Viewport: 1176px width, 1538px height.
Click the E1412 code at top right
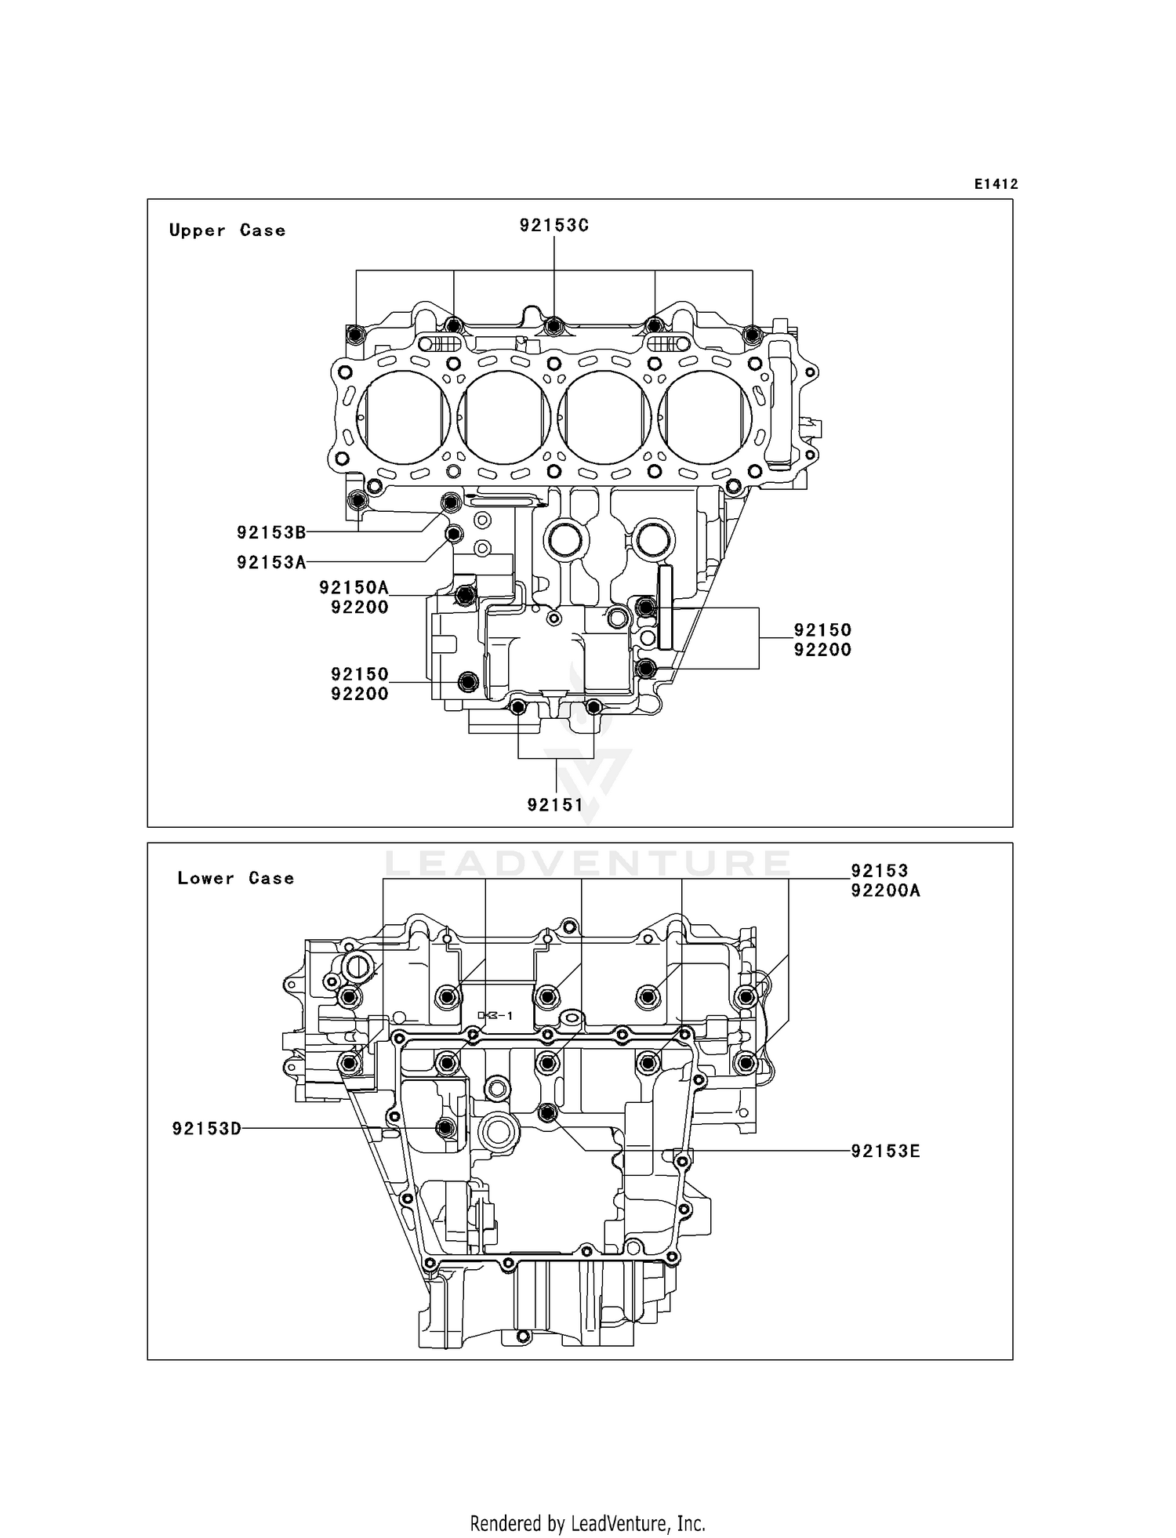click(x=996, y=184)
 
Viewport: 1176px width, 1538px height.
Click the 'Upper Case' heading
click(x=227, y=230)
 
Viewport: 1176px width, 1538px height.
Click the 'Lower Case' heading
click(x=235, y=878)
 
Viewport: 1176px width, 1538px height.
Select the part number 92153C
click(x=554, y=225)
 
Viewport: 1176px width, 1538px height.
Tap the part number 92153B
click(x=271, y=532)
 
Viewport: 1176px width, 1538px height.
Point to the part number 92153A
click(x=271, y=562)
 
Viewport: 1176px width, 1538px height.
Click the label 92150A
click(x=354, y=587)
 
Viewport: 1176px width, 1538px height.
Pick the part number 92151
click(x=555, y=804)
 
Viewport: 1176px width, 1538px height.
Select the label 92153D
click(x=207, y=1128)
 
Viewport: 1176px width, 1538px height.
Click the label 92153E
click(x=885, y=1151)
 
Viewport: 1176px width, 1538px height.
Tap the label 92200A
click(x=885, y=891)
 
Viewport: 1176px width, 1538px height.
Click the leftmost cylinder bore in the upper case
click(x=403, y=415)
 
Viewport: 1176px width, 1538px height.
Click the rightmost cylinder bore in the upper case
click(x=705, y=415)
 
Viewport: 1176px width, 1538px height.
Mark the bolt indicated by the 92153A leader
click(x=453, y=535)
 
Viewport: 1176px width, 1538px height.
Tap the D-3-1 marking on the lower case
click(x=495, y=1015)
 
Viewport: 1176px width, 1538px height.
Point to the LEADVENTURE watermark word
click(x=587, y=864)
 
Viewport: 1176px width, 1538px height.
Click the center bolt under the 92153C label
click(x=554, y=325)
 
